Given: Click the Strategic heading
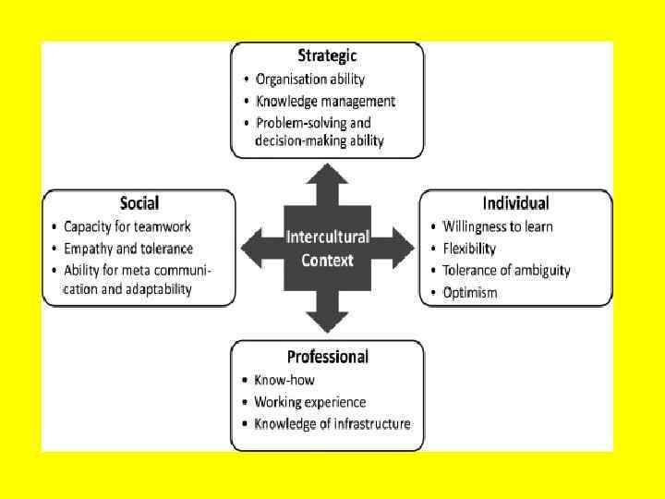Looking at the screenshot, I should pyautogui.click(x=327, y=56).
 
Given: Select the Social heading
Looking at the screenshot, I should pyautogui.click(x=139, y=203).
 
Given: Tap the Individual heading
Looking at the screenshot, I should pyautogui.click(x=515, y=203).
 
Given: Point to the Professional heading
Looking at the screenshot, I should pyautogui.click(x=327, y=357).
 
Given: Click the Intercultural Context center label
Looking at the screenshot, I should pyautogui.click(x=327, y=248).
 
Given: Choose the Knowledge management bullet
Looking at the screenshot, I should pyautogui.click(x=325, y=101).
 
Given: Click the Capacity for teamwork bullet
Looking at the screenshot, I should pyautogui.click(x=127, y=226).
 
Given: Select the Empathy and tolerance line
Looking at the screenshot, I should pyautogui.click(x=128, y=249).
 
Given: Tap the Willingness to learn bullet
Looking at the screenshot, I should pyautogui.click(x=498, y=226).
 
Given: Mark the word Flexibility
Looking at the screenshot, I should pyautogui.click(x=469, y=249).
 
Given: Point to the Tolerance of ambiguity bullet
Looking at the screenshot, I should pyautogui.click(x=506, y=271).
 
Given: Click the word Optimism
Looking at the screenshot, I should pyautogui.click(x=470, y=293).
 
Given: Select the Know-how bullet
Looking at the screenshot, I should pyautogui.click(x=284, y=380).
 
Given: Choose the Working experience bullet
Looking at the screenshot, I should pyautogui.click(x=310, y=402).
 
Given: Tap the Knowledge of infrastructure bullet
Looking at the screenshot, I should pyautogui.click(x=332, y=424).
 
